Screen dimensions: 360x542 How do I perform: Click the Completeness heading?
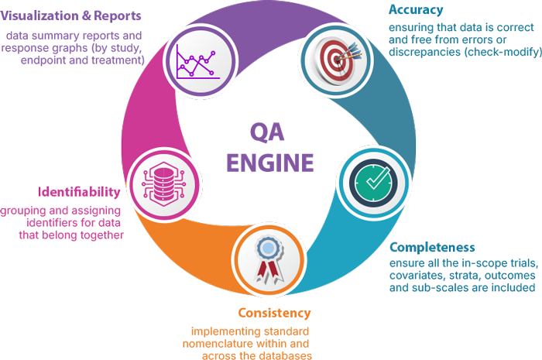point(432,248)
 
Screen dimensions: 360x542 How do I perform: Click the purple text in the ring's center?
point(270,147)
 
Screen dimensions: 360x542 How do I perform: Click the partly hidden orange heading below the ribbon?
point(275,314)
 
